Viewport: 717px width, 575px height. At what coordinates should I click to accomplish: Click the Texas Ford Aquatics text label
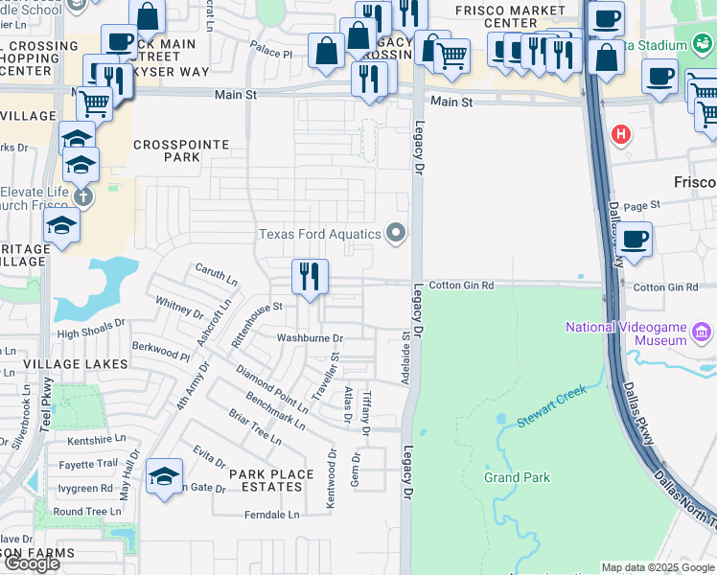pyautogui.click(x=320, y=234)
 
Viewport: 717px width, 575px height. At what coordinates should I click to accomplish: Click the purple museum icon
pyautogui.click(x=702, y=333)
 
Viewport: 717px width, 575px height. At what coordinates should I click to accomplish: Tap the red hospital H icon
pyautogui.click(x=621, y=134)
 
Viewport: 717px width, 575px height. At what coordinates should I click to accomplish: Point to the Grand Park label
pyautogui.click(x=516, y=477)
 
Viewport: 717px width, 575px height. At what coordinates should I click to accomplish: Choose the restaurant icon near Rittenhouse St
pyautogui.click(x=310, y=278)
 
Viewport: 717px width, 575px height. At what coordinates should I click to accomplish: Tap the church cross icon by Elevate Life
pyautogui.click(x=83, y=196)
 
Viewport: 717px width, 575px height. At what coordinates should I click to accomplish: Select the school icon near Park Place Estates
pyautogui.click(x=164, y=476)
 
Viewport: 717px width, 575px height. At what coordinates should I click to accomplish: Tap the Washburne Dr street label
pyautogui.click(x=310, y=338)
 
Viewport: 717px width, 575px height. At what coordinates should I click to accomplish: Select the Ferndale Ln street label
pyautogui.click(x=271, y=515)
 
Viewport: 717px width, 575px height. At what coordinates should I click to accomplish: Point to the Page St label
pyautogui.click(x=642, y=205)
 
